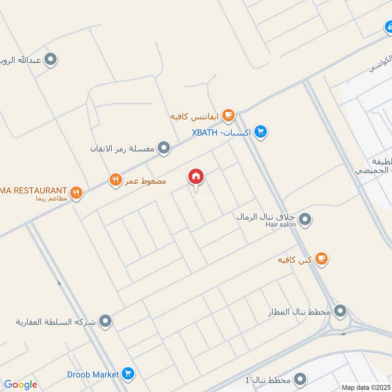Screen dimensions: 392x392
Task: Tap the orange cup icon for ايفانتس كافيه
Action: click(x=228, y=115)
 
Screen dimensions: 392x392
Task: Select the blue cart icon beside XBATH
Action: click(x=261, y=132)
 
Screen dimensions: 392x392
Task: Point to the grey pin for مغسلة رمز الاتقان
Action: click(x=164, y=147)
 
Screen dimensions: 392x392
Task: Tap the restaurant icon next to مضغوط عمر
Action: click(x=115, y=180)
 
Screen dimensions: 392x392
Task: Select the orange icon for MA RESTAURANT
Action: click(x=75, y=193)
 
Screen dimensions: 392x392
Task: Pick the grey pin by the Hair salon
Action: click(x=305, y=219)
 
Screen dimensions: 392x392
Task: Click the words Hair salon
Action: click(x=281, y=224)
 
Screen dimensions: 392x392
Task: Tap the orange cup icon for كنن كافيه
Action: click(x=321, y=258)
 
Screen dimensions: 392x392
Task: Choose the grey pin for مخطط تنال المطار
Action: click(x=340, y=311)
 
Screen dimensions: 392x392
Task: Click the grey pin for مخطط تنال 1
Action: click(x=300, y=379)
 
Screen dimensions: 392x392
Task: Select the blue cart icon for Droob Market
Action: click(x=128, y=374)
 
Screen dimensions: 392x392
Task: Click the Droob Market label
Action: click(x=93, y=374)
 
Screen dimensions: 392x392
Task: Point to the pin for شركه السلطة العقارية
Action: click(x=105, y=321)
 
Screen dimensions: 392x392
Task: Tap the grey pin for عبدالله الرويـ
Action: click(x=50, y=60)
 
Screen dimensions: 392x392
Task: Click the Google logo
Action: click(x=21, y=385)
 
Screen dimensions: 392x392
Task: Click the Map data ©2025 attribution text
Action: click(x=366, y=388)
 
